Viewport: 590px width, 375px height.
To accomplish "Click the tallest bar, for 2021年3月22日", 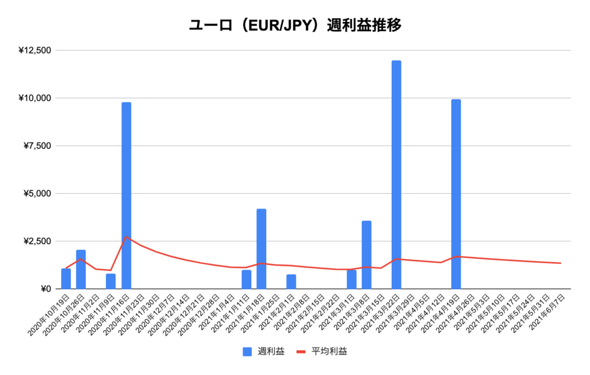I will (x=396, y=175).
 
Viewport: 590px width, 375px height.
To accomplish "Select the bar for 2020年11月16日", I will (x=126, y=195).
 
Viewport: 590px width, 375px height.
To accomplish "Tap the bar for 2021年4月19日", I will (x=456, y=194).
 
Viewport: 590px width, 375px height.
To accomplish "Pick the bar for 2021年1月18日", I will (x=261, y=248).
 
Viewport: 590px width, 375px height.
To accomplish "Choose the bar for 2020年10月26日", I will (x=81, y=269).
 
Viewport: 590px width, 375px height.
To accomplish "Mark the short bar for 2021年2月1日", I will (x=291, y=281).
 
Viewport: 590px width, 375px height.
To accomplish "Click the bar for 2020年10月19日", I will (x=66, y=278).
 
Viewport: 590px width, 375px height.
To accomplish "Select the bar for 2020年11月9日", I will (x=111, y=281).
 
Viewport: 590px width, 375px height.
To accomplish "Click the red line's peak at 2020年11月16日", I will (x=126, y=236).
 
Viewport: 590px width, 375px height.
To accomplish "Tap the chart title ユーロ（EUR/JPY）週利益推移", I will (x=295, y=26).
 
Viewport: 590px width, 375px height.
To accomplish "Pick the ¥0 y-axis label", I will (x=44, y=289).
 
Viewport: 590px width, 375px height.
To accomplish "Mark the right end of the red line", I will (x=561, y=263).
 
